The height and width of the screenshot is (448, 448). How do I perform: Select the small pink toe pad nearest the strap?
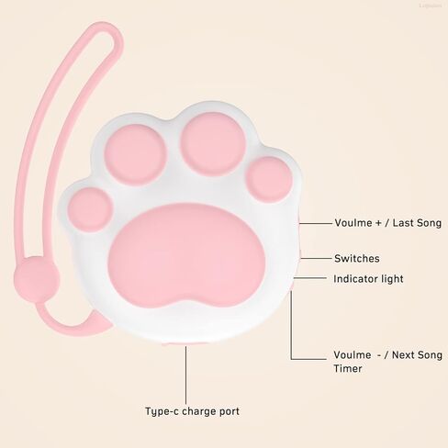90,209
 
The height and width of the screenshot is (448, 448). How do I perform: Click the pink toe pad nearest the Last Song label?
269,179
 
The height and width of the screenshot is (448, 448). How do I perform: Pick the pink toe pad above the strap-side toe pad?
135,155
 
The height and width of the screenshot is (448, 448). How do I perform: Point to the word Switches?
357,259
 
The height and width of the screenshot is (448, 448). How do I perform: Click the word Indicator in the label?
355,279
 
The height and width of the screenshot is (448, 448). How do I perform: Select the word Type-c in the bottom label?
162,411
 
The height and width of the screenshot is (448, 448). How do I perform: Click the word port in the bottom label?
230,411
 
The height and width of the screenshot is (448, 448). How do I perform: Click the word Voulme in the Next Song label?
353,355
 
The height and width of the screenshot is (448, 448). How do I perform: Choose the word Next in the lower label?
404,355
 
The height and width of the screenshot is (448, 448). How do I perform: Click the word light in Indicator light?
391,279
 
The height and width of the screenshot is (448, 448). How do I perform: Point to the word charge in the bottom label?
199,411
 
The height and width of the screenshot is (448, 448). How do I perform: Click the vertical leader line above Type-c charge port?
185,375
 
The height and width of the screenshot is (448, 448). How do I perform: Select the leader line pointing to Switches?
316,259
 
